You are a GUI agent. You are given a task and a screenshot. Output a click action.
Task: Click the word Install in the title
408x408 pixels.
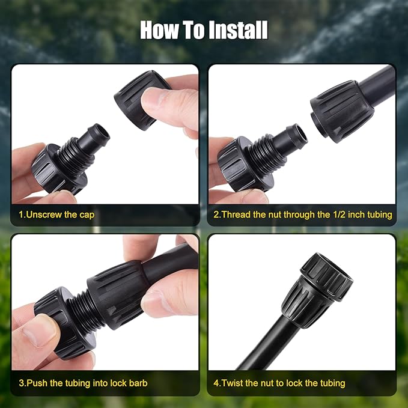coord(239,30)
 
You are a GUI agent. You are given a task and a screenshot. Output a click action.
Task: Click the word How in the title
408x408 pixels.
coord(159,30)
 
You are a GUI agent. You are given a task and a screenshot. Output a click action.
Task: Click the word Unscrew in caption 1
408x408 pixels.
coord(44,215)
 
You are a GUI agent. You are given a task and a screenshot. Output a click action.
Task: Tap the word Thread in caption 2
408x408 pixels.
coord(236,215)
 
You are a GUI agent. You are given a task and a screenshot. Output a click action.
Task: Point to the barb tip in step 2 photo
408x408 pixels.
coord(297,135)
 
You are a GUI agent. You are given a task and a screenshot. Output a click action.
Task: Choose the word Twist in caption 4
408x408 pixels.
coord(232,383)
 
